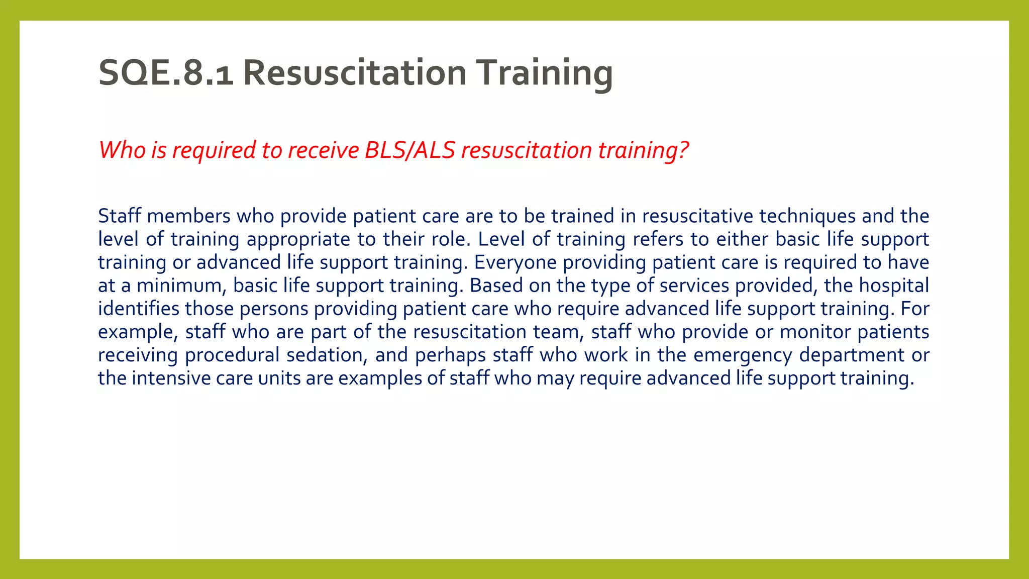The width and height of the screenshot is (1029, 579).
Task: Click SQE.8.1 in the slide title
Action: click(x=166, y=73)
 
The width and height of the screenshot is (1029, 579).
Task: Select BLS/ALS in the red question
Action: click(x=410, y=150)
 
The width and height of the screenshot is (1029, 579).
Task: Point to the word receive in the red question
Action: click(x=324, y=150)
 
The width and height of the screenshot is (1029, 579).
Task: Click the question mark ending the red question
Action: click(x=683, y=150)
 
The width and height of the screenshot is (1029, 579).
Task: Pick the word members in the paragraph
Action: click(x=189, y=216)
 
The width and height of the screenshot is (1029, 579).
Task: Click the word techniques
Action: click(x=807, y=216)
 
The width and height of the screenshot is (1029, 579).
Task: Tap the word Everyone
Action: click(x=515, y=262)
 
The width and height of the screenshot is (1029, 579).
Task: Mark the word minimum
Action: click(x=178, y=285)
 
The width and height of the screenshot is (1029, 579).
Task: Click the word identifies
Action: click(x=138, y=309)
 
